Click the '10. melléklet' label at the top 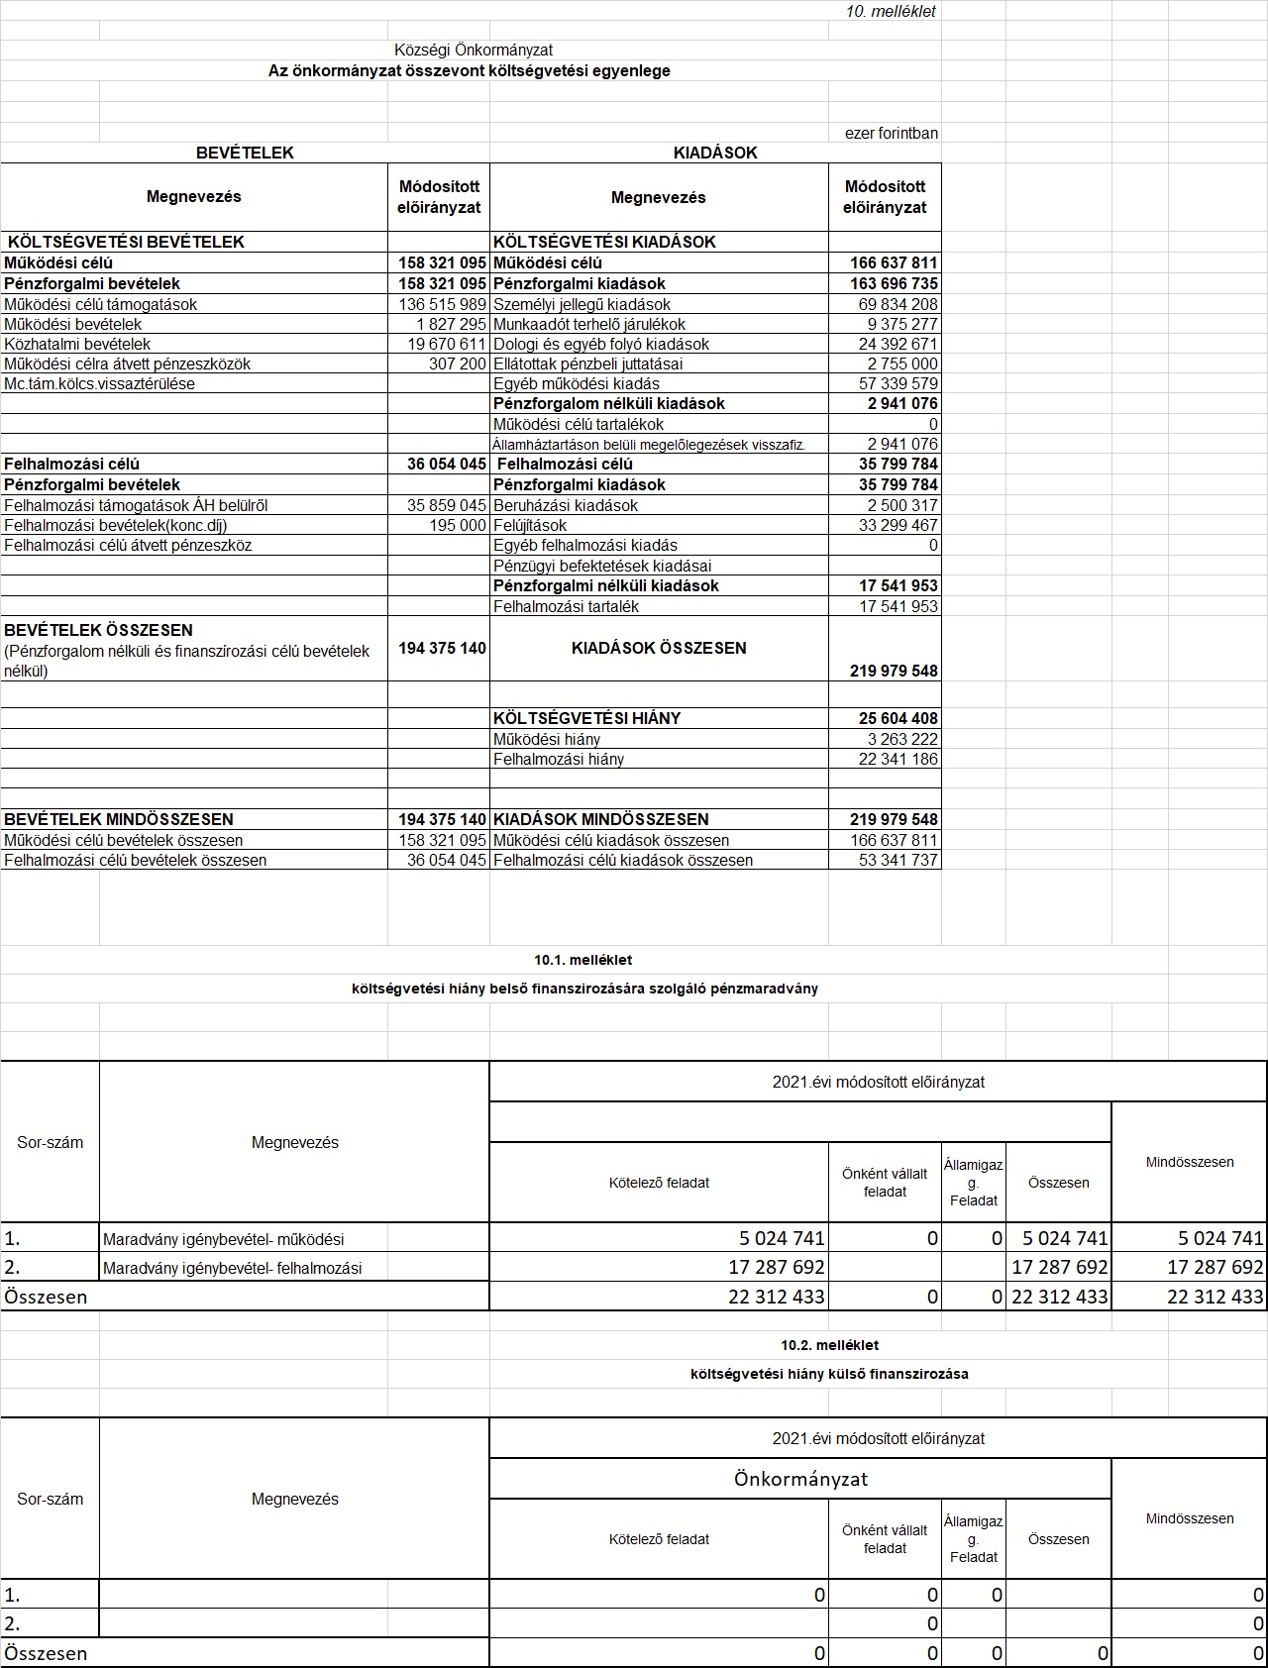pos(891,12)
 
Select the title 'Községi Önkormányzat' pos(474,50)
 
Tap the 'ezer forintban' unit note pos(891,133)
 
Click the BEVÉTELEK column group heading pos(245,153)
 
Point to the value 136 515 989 pos(442,304)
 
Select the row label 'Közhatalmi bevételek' pos(77,344)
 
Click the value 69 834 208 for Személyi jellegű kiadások pos(898,304)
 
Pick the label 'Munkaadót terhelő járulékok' pos(588,324)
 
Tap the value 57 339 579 pos(898,383)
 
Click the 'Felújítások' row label pos(530,525)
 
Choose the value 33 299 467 pos(898,525)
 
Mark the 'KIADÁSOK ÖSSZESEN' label pos(659,648)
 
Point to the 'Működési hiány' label pos(547,739)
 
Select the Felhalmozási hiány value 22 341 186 pos(898,759)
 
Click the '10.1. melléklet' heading pos(582,959)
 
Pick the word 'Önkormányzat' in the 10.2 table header pos(800,1479)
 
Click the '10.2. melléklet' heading pos(829,1344)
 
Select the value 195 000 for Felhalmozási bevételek pos(458,525)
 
